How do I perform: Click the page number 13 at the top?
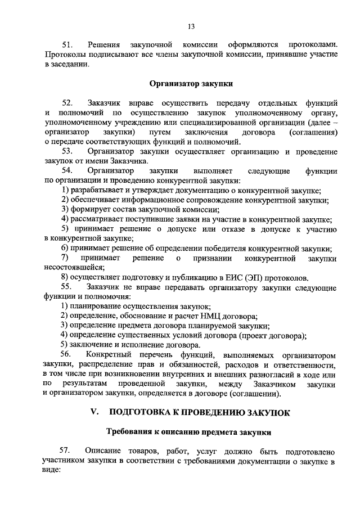tap(191, 26)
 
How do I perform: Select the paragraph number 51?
tap(67, 44)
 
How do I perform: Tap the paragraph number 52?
tap(67, 103)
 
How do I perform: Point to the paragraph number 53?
tap(67, 152)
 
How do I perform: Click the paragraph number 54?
tap(67, 171)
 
